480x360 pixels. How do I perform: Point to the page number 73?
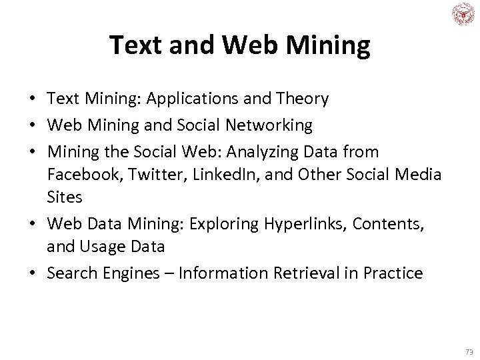[x=469, y=351]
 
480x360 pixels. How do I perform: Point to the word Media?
[x=417, y=175]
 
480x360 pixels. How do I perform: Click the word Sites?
[x=64, y=198]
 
